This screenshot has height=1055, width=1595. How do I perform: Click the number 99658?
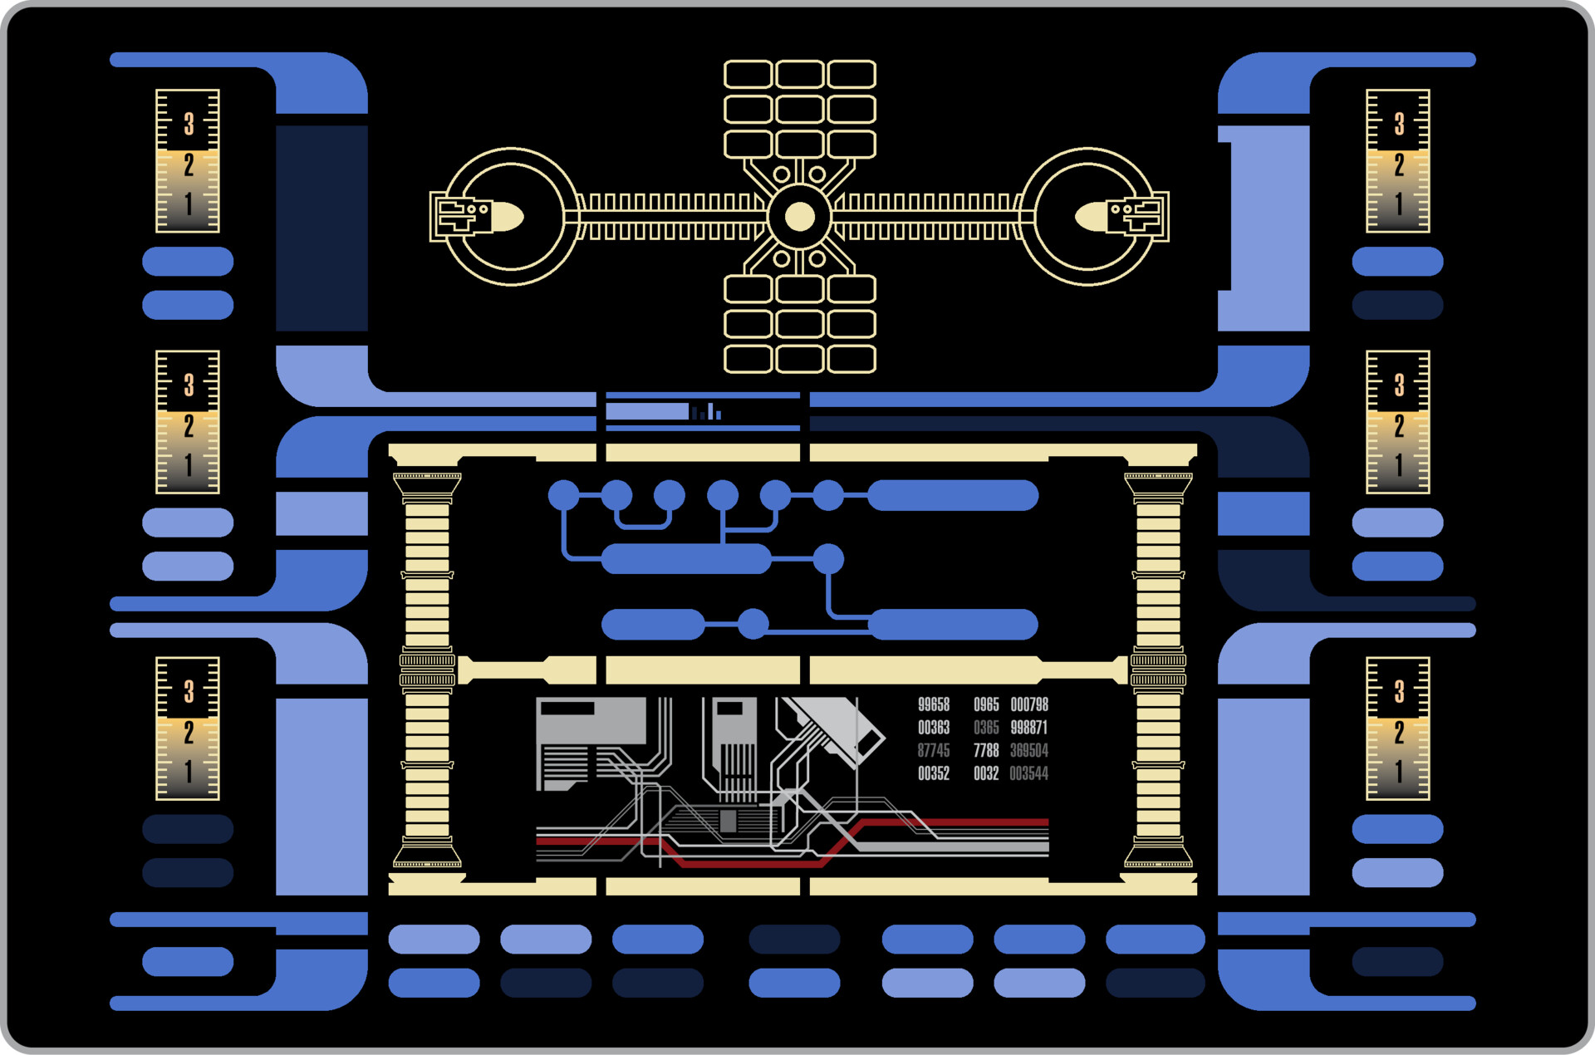[x=934, y=704]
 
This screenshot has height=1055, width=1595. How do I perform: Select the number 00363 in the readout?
[x=934, y=728]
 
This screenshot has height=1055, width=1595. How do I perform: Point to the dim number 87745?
[x=934, y=751]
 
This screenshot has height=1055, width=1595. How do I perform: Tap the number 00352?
[x=934, y=773]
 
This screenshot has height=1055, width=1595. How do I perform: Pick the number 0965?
[x=986, y=704]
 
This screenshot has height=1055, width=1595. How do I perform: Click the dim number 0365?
[x=986, y=728]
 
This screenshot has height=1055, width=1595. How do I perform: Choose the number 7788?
[x=986, y=751]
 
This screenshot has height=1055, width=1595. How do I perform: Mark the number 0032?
[x=986, y=773]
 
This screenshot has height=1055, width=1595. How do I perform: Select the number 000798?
[x=1029, y=704]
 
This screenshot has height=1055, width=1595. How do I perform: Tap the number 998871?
[x=1029, y=728]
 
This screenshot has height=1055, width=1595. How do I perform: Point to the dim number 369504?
[x=1029, y=751]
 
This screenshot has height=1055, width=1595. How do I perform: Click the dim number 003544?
[x=1029, y=773]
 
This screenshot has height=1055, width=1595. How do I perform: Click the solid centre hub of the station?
[x=799, y=217]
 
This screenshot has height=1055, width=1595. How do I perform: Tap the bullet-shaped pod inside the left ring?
[x=507, y=217]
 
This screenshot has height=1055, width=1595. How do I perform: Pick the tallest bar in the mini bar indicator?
[x=710, y=411]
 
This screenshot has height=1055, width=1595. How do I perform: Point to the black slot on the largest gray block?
[x=567, y=709]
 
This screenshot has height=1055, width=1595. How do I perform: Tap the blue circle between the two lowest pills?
[x=753, y=624]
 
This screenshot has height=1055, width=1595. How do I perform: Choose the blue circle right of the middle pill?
[x=828, y=559]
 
